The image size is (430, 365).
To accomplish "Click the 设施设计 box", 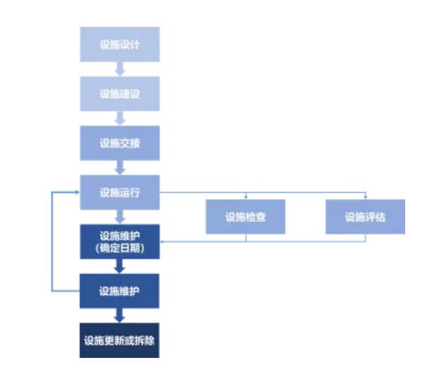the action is (120, 44).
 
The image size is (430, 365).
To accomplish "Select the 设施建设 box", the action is (120, 94).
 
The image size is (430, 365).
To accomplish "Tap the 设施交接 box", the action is (120, 143).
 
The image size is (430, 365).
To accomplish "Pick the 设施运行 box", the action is (120, 192).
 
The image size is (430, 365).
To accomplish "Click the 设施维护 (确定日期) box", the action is (120, 242).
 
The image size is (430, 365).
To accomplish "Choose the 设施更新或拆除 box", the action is (119, 340).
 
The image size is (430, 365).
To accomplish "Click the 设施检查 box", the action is (245, 217).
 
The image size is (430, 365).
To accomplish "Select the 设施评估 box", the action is (366, 217).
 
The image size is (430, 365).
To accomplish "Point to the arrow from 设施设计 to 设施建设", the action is (120, 69).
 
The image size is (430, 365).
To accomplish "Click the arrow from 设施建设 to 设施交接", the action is (120, 118).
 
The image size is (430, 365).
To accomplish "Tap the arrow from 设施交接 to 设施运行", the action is (120, 168).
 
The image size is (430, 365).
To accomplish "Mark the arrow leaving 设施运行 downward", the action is (120, 217).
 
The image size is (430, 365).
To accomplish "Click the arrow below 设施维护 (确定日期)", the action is (120, 266).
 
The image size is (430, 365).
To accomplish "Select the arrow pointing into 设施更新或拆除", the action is (120, 315).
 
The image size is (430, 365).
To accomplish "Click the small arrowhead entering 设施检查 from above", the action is (246, 197).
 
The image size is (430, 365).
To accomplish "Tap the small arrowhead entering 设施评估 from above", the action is (366, 197).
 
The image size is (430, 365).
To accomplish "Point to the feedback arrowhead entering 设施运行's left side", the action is (78, 192).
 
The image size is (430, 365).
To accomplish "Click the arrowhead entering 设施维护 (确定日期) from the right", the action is (162, 242).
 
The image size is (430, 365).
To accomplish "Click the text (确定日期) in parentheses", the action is (120, 248).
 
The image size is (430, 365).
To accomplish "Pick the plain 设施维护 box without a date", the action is (119, 291).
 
